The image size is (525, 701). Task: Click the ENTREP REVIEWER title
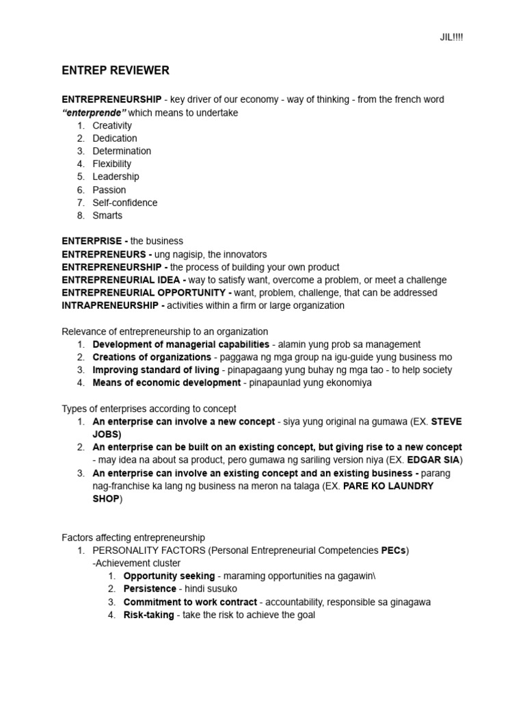coord(116,71)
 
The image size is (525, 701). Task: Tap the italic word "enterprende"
coord(94,113)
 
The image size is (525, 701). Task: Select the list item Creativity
coord(112,125)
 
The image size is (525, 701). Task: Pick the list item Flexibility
coord(112,164)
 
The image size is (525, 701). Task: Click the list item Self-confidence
coord(125,203)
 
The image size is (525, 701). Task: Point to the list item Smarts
coord(108,215)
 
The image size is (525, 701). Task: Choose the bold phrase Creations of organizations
coord(152,357)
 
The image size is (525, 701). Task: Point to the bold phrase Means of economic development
coord(167,383)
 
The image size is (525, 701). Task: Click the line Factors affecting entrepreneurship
coord(133,538)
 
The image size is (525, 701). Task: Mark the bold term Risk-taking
coord(148,615)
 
